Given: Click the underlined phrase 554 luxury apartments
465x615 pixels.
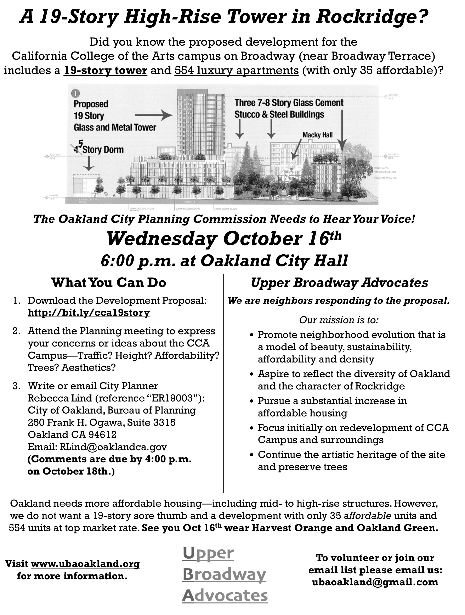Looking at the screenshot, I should point(236,71).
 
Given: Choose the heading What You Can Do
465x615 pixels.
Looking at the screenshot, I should point(109,283).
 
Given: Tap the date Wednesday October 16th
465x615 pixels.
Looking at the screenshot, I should point(224,239).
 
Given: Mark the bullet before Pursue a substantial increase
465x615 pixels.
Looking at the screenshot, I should point(252,402).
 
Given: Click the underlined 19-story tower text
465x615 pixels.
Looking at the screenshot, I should point(106,71).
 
